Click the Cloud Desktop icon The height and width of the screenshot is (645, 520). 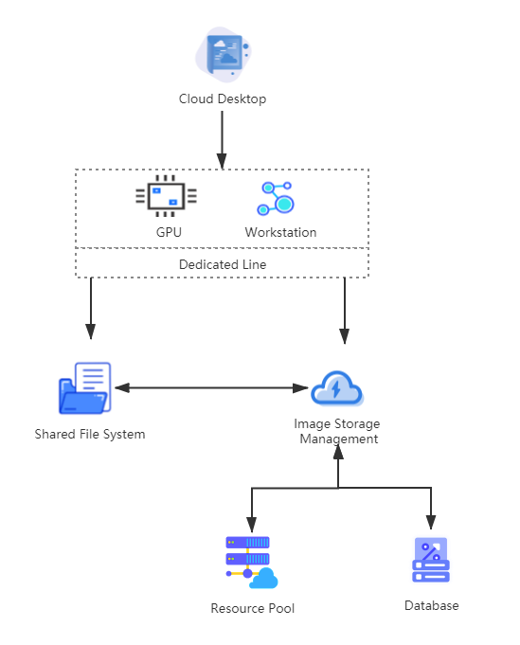tap(223, 55)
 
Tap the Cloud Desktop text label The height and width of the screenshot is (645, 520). tap(223, 99)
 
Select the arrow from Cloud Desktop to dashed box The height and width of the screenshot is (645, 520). tap(222, 140)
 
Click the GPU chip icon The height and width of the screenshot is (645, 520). tap(166, 196)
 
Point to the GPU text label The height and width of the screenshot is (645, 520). tap(169, 232)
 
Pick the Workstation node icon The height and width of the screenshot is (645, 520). tap(276, 199)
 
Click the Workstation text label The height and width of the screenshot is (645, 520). tap(280, 232)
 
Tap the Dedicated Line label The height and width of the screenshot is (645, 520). tap(223, 264)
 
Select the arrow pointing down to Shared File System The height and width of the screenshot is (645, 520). tap(91, 308)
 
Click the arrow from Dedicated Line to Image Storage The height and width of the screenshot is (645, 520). tap(345, 311)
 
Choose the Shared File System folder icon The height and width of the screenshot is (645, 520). tap(84, 388)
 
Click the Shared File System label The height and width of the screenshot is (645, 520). tap(90, 435)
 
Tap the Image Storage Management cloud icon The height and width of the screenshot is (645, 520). tap(337, 388)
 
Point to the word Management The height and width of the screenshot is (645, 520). tap(338, 439)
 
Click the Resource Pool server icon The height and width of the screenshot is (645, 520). tap(252, 563)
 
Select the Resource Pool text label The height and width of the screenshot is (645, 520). tap(253, 608)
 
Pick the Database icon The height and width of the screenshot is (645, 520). tap(431, 560)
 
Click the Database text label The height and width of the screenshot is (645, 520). tap(432, 605)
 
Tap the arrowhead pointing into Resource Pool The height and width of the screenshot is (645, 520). tap(252, 525)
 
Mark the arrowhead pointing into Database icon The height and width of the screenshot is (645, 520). tap(431, 522)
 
